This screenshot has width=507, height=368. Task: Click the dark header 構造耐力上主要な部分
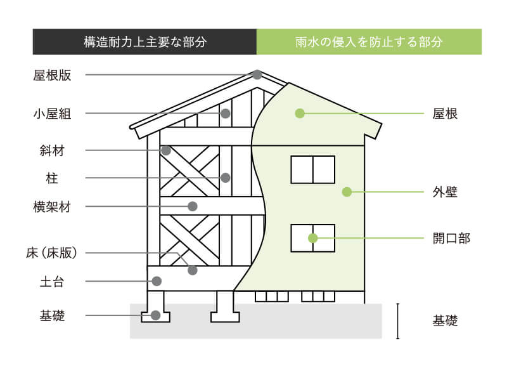[145, 43]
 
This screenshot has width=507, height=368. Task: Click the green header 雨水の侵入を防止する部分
[369, 43]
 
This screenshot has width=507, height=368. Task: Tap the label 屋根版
[52, 75]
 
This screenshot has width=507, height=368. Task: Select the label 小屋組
[52, 114]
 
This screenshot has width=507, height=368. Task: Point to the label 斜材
[52, 151]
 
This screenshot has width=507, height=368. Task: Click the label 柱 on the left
[52, 178]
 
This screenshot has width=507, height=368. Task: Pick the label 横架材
[52, 207]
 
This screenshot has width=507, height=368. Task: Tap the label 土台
[52, 280]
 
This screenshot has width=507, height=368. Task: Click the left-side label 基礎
[52, 315]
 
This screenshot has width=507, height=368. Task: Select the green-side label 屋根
[445, 114]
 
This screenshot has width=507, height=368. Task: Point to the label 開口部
[451, 239]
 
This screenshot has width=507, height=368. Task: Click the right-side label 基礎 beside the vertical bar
[445, 321]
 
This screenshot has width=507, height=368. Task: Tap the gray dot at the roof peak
[257, 75]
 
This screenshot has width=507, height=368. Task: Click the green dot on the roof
[300, 114]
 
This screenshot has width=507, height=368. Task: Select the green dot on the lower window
[312, 239]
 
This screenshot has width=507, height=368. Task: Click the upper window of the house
[312, 169]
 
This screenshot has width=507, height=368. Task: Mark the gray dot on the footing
[155, 315]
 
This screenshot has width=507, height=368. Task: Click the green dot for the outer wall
[347, 192]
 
